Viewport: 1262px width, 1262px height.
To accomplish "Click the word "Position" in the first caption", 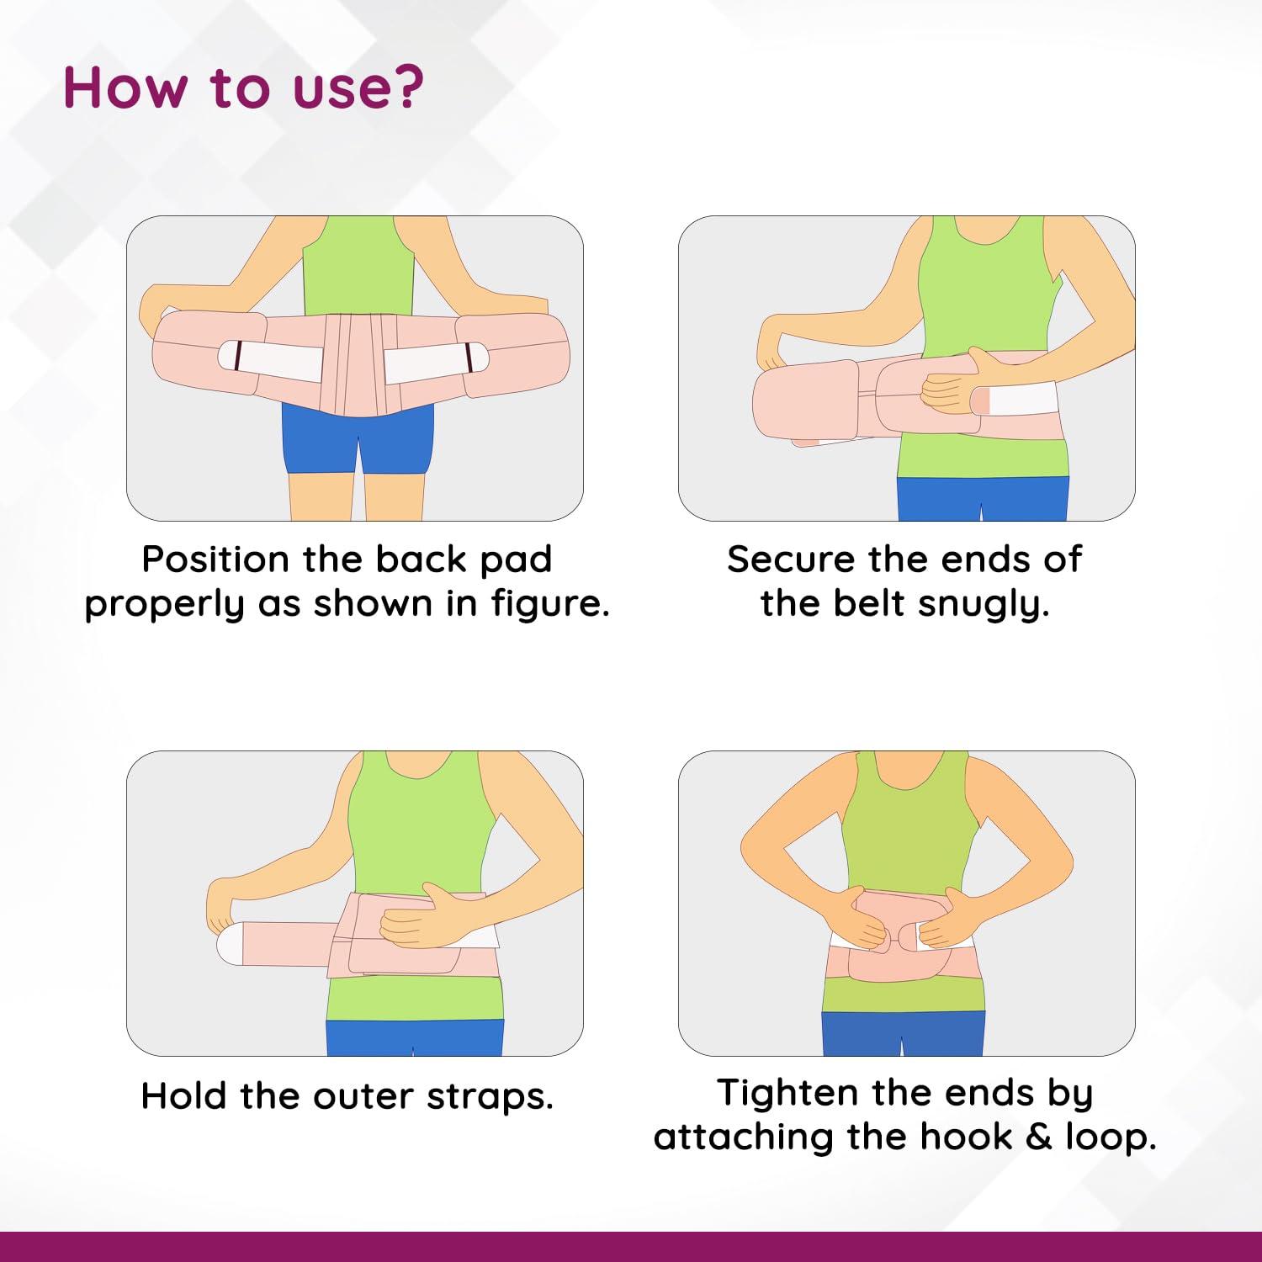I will pos(215,559).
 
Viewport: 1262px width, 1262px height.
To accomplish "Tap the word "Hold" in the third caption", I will pos(183,1096).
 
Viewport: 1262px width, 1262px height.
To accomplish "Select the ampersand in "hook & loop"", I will pos(1039,1137).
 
